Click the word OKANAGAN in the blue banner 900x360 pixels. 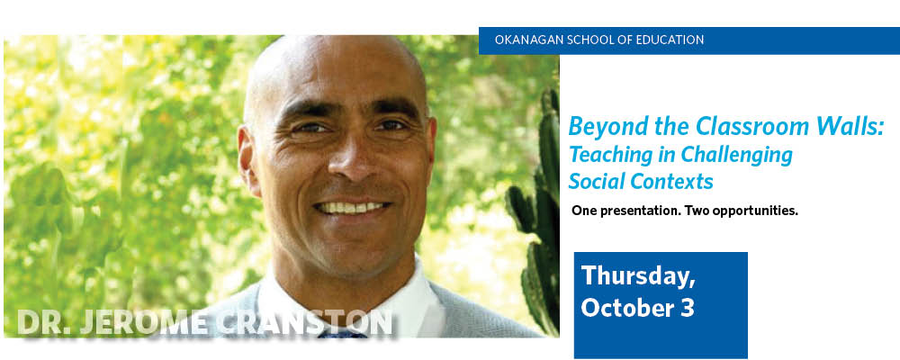pyautogui.click(x=522, y=40)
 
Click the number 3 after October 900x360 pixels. pyautogui.click(x=688, y=308)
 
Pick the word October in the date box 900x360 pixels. pyautogui.click(x=628, y=308)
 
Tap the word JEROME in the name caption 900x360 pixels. pyautogui.click(x=144, y=322)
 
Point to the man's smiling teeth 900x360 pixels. pyautogui.click(x=351, y=207)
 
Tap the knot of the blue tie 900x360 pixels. pyautogui.click(x=343, y=332)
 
